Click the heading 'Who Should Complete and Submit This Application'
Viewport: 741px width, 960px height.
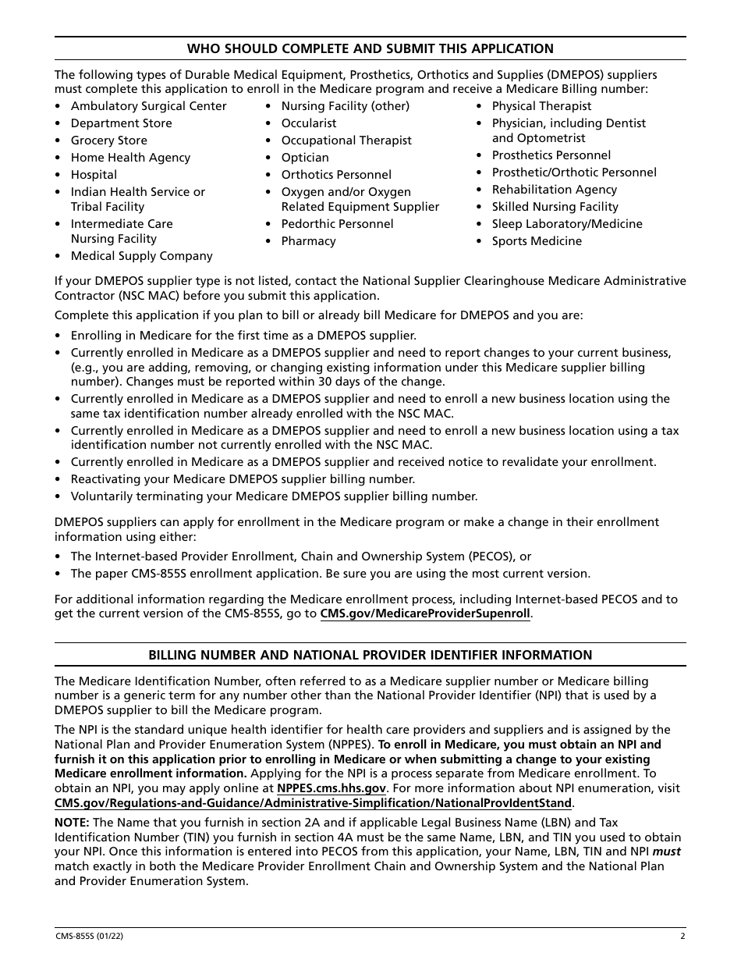(370, 48)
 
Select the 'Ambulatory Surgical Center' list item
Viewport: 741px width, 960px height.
(148, 106)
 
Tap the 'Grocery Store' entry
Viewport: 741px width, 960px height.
(108, 140)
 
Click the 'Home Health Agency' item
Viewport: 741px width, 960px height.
(130, 158)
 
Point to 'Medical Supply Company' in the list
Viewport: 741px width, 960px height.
(141, 256)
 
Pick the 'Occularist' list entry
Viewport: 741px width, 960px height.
(309, 123)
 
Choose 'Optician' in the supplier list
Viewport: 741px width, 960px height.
(305, 158)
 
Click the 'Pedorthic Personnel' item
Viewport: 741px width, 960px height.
(337, 224)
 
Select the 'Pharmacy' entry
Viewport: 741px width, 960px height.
(308, 241)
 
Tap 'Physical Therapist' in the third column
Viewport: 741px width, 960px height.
(541, 106)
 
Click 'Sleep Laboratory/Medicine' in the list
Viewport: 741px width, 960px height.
(567, 224)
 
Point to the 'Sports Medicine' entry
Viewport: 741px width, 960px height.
(537, 241)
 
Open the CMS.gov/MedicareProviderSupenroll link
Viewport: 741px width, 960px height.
(425, 614)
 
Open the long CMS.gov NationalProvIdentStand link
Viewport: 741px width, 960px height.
(314, 803)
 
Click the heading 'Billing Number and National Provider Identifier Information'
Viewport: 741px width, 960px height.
(370, 655)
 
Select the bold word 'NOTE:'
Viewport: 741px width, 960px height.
(72, 823)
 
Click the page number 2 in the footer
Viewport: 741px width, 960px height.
(682, 937)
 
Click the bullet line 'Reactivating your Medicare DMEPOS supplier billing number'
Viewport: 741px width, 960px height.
(243, 479)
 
